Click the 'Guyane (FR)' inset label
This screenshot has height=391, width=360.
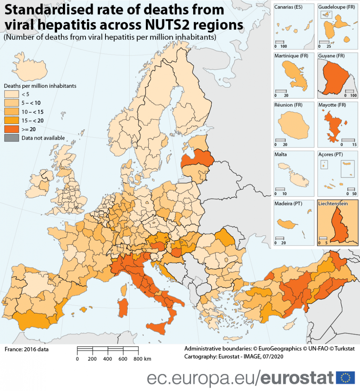pyautogui.click(x=331, y=56)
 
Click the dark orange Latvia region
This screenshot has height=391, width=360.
pyautogui.click(x=198, y=159)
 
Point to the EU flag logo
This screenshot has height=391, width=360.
pyautogui.click(x=345, y=377)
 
